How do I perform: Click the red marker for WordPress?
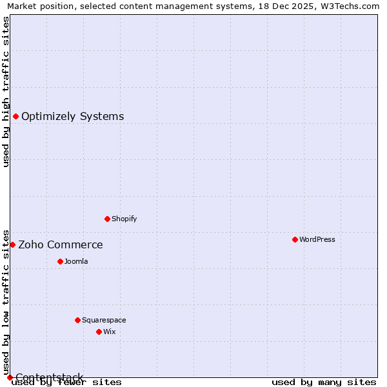click(x=295, y=239)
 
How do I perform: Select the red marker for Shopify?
click(x=107, y=219)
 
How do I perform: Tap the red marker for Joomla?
click(x=60, y=261)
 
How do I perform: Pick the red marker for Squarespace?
click(x=77, y=320)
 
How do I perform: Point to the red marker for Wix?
click(x=99, y=332)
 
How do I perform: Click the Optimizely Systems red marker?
click(x=15, y=116)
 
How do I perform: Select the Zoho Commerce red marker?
click(x=12, y=244)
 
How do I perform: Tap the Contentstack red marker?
click(x=10, y=377)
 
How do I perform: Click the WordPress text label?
click(x=317, y=239)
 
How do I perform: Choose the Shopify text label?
click(x=124, y=219)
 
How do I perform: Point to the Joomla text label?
click(x=76, y=261)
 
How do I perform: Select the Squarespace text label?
click(x=104, y=320)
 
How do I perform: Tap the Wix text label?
click(x=110, y=332)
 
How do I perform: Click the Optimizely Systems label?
click(x=73, y=116)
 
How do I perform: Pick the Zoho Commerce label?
click(x=61, y=244)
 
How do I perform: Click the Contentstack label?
click(x=50, y=377)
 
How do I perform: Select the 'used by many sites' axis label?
click(x=324, y=382)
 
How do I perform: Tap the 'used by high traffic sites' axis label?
click(x=6, y=92)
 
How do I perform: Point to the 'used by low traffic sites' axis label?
click(x=6, y=301)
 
